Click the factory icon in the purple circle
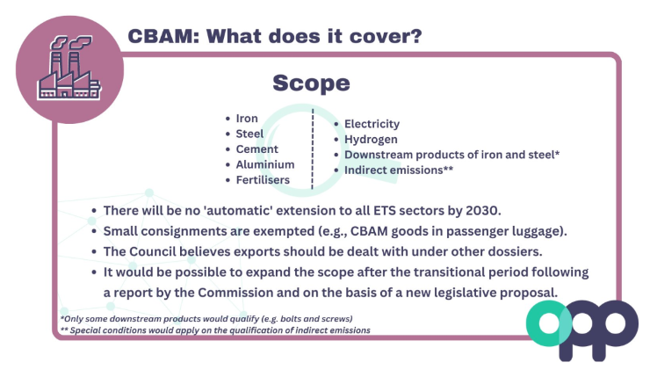click(x=69, y=68)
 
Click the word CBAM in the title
click(x=160, y=36)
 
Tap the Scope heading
click(x=311, y=83)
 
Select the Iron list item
click(x=247, y=119)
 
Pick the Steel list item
click(x=249, y=134)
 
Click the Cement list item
click(x=257, y=149)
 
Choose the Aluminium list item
click(x=265, y=164)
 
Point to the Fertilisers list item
click(x=263, y=180)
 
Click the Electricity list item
click(x=372, y=124)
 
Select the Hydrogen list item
click(x=371, y=140)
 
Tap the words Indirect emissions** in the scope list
click(x=399, y=170)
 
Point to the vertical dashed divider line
click(x=313, y=149)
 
